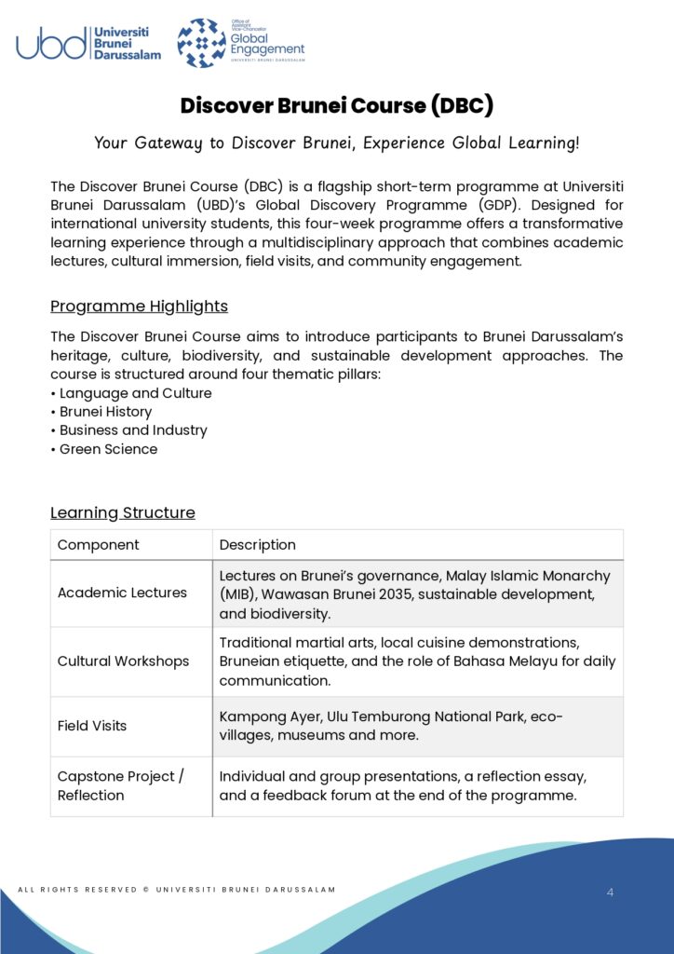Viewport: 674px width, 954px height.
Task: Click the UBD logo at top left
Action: pos(88,43)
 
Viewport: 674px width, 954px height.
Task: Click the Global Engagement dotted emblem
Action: pos(202,43)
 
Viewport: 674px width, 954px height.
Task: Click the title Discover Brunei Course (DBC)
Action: pos(336,105)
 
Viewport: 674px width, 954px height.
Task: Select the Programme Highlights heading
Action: pos(139,307)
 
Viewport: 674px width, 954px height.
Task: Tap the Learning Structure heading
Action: pos(123,512)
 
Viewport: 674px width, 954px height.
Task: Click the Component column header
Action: pos(99,545)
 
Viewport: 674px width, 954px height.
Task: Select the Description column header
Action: pos(258,545)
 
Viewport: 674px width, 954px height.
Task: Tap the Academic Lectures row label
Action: pos(122,593)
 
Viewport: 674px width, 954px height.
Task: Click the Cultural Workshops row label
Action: pos(123,661)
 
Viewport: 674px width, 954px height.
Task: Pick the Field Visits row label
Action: pos(92,726)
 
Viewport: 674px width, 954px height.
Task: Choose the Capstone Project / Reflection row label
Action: pos(121,786)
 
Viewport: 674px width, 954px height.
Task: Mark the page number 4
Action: pos(610,893)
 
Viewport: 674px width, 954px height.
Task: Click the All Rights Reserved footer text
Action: pos(177,890)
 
